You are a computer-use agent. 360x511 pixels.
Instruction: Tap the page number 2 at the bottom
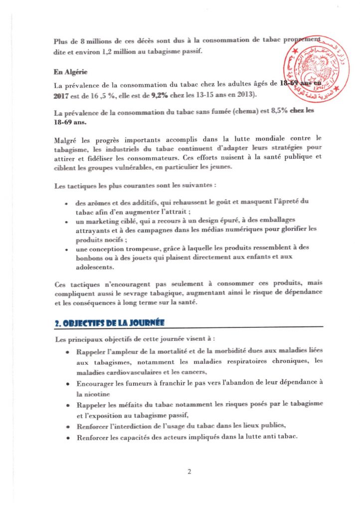(x=189, y=472)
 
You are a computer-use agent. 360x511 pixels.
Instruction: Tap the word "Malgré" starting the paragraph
(x=65, y=137)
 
